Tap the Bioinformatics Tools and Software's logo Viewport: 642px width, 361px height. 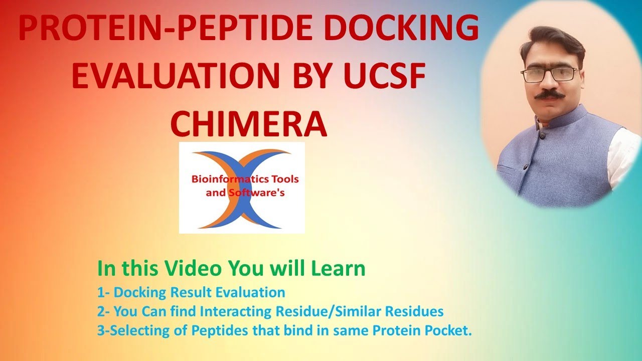pyautogui.click(x=242, y=188)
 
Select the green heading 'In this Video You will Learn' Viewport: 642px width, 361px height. pyautogui.click(x=231, y=269)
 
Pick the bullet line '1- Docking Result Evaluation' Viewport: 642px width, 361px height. pyautogui.click(x=191, y=292)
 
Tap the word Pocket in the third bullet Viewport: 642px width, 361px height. pyautogui.click(x=453, y=331)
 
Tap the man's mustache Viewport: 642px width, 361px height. pyautogui.click(x=550, y=94)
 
